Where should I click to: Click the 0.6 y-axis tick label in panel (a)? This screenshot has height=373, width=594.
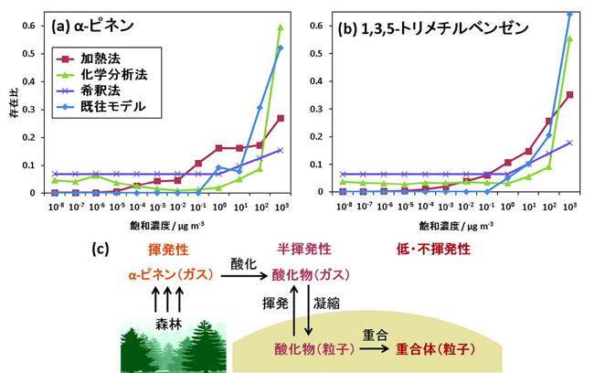point(30,26)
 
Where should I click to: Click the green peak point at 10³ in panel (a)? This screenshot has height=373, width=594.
point(280,27)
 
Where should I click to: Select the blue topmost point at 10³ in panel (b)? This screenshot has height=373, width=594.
point(570,14)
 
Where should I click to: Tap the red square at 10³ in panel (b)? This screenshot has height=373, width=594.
point(570,95)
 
